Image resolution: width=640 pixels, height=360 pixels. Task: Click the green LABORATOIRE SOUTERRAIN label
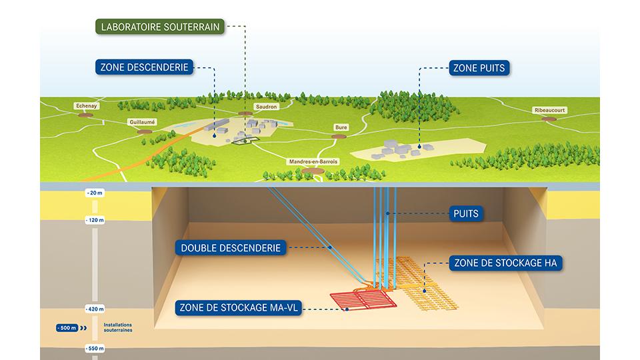[160, 27]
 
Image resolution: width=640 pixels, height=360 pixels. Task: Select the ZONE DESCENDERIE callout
[144, 67]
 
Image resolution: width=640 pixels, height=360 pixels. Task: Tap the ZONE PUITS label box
[479, 68]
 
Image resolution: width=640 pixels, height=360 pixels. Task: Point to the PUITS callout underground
[466, 213]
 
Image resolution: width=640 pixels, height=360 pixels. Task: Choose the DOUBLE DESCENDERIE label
[231, 248]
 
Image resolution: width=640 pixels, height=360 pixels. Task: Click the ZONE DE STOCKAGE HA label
[505, 263]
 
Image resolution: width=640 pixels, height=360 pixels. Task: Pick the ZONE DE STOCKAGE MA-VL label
[239, 308]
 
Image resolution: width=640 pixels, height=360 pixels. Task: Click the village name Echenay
[87, 106]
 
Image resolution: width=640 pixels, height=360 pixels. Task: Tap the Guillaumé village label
[142, 122]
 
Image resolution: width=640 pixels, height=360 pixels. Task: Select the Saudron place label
[266, 107]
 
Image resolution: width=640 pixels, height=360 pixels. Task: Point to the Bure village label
[341, 127]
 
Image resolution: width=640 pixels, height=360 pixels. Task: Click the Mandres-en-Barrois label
[313, 161]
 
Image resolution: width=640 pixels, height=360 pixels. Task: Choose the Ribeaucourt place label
[550, 110]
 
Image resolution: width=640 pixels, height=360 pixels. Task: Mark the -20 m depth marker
[95, 193]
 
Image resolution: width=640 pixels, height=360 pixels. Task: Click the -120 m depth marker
[95, 220]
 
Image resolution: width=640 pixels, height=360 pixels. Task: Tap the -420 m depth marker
[95, 309]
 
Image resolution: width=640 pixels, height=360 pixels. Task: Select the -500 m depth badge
[67, 328]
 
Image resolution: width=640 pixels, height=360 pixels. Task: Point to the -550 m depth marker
[95, 349]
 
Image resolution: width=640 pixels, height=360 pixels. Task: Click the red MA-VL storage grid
[363, 300]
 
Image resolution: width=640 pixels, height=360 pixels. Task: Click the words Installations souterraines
[117, 327]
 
